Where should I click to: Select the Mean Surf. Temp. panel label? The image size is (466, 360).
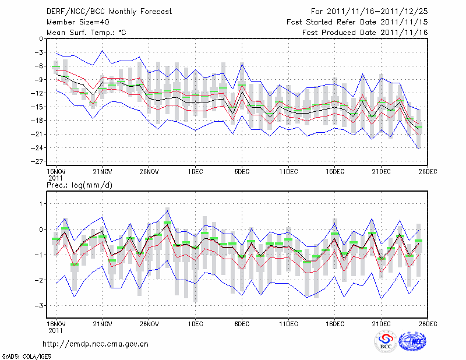click(x=86, y=33)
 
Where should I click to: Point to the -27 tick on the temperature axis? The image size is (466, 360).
click(x=37, y=161)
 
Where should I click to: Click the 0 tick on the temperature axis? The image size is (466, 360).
click(x=41, y=39)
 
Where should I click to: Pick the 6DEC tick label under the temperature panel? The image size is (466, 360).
click(x=242, y=171)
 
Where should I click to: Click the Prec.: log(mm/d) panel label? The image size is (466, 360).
click(x=79, y=185)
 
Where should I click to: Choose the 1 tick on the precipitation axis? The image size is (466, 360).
click(x=41, y=203)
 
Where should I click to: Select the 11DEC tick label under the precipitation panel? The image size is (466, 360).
click(x=288, y=323)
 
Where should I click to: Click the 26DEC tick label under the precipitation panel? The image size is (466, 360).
click(x=428, y=323)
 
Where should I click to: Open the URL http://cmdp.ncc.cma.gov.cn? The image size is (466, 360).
click(x=96, y=344)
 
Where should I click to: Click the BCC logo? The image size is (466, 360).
click(x=386, y=342)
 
